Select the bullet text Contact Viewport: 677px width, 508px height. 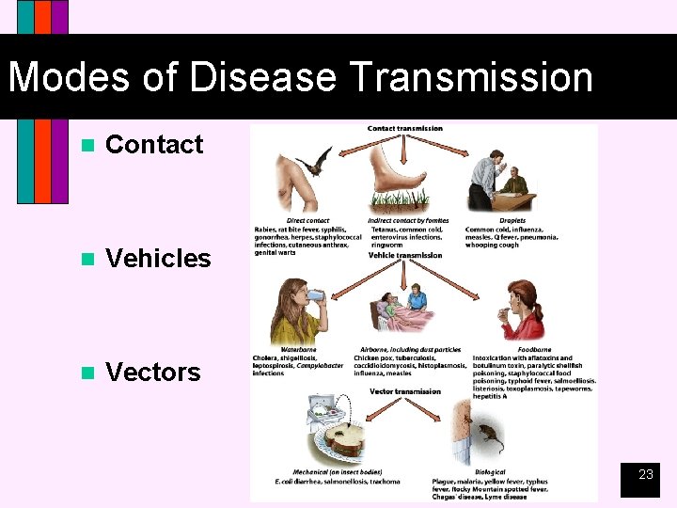pyautogui.click(x=154, y=145)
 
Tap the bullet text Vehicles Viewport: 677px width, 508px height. pyautogui.click(x=158, y=259)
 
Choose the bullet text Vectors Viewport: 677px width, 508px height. pyautogui.click(x=153, y=373)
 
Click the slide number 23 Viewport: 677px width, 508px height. pyautogui.click(x=645, y=475)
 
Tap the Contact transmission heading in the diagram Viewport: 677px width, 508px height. pyautogui.click(x=404, y=128)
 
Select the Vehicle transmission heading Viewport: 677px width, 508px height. pyautogui.click(x=404, y=255)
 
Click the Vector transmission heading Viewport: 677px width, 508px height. pyautogui.click(x=404, y=391)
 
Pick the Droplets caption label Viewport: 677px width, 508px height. pyautogui.click(x=512, y=221)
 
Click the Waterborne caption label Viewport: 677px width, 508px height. pyautogui.click(x=298, y=350)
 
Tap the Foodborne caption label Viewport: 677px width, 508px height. pyautogui.click(x=534, y=350)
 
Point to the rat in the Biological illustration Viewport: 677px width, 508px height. pyautogui.click(x=489, y=435)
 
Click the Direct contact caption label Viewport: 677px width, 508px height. pyautogui.click(x=308, y=221)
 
